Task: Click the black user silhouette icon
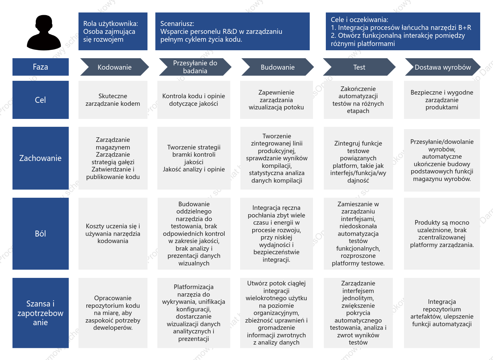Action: (x=44, y=33)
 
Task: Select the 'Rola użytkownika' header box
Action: (x=113, y=31)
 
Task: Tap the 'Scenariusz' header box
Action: (x=233, y=31)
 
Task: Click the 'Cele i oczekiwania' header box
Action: (x=403, y=31)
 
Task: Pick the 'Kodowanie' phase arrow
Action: (x=114, y=67)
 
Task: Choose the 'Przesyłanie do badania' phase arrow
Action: (x=195, y=67)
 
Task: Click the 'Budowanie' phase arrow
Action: (x=278, y=67)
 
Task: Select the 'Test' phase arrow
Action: (x=359, y=67)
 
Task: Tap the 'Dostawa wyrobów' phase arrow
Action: (x=443, y=67)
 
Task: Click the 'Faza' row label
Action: (x=40, y=67)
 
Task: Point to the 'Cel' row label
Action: (x=40, y=100)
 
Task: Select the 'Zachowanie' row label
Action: (x=40, y=158)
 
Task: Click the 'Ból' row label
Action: (x=40, y=234)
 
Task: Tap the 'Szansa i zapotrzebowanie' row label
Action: (x=40, y=313)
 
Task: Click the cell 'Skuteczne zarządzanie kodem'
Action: (x=113, y=100)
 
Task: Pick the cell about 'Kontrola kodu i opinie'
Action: (x=194, y=100)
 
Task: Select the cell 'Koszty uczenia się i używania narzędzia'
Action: (x=113, y=234)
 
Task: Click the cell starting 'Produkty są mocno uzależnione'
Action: (x=442, y=234)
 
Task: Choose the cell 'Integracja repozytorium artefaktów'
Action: (x=442, y=313)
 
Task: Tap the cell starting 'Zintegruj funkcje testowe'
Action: (x=358, y=158)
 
